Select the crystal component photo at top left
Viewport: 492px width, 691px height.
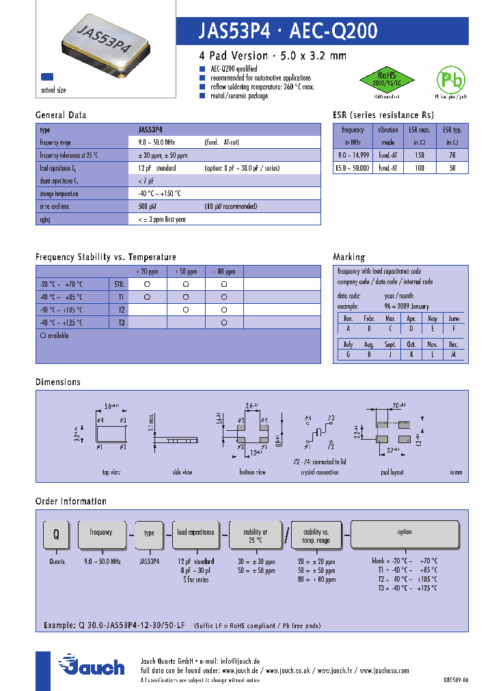click(x=106, y=43)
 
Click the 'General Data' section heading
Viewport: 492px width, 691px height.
click(x=61, y=115)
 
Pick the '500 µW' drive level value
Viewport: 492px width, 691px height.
click(x=148, y=206)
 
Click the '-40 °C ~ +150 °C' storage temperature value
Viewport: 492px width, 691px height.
click(x=159, y=193)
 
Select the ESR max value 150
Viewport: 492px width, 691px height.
click(x=420, y=155)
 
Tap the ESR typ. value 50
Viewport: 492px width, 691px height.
click(x=452, y=167)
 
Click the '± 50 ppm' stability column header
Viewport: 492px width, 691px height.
click(x=186, y=271)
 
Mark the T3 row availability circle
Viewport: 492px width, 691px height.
click(x=224, y=322)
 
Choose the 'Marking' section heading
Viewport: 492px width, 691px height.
click(x=348, y=257)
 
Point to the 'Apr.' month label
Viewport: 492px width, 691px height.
click(x=411, y=318)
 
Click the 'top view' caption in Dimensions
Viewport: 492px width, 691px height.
click(x=111, y=472)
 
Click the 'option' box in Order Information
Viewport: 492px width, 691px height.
click(x=405, y=532)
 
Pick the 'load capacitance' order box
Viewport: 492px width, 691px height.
click(x=195, y=532)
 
